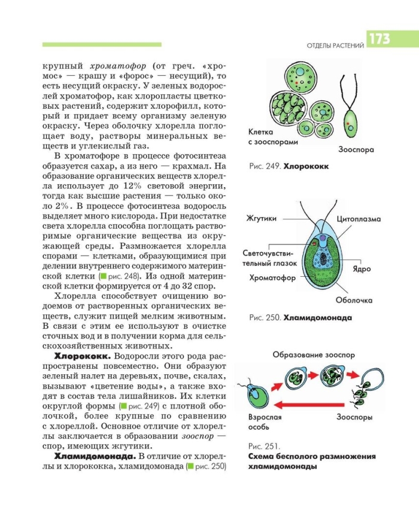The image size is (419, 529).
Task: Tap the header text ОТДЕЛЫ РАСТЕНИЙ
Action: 335,47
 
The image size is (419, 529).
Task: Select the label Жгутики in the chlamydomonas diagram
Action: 262,219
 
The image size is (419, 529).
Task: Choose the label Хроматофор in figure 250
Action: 270,279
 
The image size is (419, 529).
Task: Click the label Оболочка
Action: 354,300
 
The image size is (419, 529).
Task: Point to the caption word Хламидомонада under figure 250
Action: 317,318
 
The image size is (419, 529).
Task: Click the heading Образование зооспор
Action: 314,354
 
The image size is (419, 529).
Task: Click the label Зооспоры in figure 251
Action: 355,417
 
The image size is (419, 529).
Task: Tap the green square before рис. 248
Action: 104,276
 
